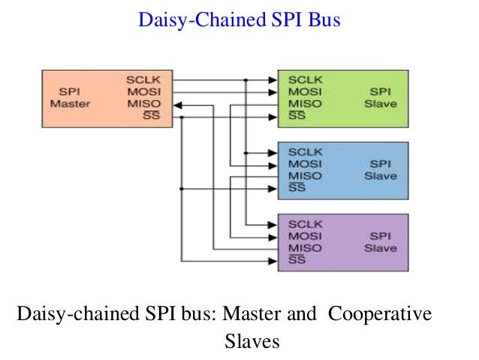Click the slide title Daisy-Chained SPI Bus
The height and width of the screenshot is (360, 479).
pyautogui.click(x=239, y=20)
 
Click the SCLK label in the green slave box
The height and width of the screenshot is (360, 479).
pyautogui.click(x=305, y=80)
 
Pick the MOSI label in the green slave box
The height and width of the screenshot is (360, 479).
pyautogui.click(x=305, y=92)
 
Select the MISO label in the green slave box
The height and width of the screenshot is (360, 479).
pyautogui.click(x=305, y=104)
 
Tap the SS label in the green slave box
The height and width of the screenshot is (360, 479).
pyautogui.click(x=297, y=116)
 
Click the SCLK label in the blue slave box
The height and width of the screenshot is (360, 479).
pyautogui.click(x=305, y=151)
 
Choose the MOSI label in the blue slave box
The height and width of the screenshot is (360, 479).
pyautogui.click(x=305, y=163)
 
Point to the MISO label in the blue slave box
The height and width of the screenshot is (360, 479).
pyautogui.click(x=305, y=175)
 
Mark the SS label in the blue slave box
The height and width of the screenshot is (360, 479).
pyautogui.click(x=297, y=188)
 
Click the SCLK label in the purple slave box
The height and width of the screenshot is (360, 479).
pyautogui.click(x=305, y=223)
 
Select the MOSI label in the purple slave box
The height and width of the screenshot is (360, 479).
pyautogui.click(x=305, y=235)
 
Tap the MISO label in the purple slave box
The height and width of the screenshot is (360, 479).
pyautogui.click(x=305, y=247)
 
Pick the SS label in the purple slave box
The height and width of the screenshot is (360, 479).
pyautogui.click(x=297, y=260)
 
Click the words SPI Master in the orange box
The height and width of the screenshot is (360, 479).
pyautogui.click(x=69, y=98)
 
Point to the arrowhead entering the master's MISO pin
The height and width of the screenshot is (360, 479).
pyautogui.click(x=177, y=104)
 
